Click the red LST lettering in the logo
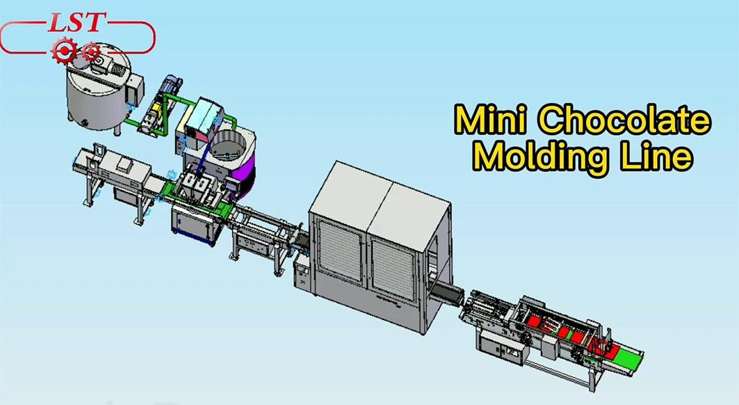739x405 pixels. (x=75, y=22)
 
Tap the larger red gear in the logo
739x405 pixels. (x=64, y=50)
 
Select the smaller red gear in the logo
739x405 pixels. (x=90, y=51)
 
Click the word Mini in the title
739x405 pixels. (x=491, y=120)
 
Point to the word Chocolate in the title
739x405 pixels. (x=624, y=120)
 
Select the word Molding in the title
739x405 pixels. (x=539, y=157)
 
